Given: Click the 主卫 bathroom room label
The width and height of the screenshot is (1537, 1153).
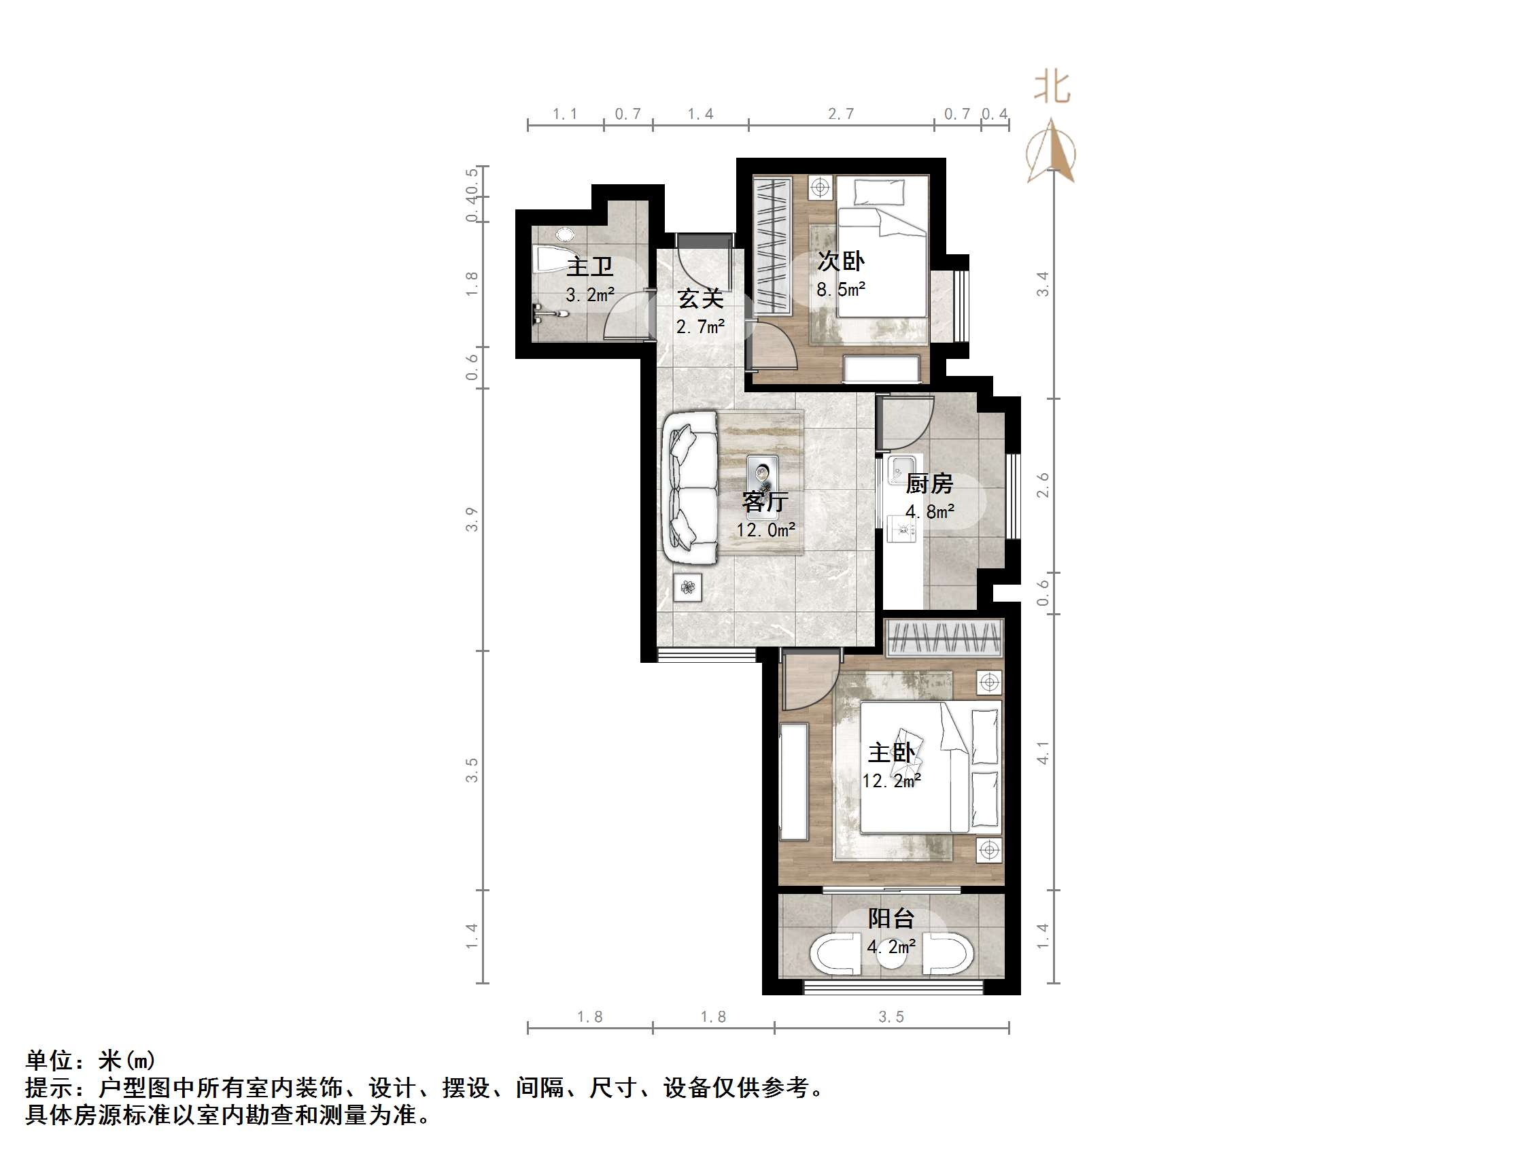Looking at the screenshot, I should pyautogui.click(x=589, y=266).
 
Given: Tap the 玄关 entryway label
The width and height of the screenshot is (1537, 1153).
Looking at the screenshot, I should pyautogui.click(x=700, y=299).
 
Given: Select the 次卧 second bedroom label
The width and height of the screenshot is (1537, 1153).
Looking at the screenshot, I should pyautogui.click(x=841, y=261).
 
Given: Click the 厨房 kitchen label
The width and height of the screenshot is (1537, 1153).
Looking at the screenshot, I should pyautogui.click(x=929, y=483).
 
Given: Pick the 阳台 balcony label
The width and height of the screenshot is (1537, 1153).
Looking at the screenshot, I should pyautogui.click(x=891, y=918).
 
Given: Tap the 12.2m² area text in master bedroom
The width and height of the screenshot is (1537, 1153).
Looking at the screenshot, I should pyautogui.click(x=891, y=781).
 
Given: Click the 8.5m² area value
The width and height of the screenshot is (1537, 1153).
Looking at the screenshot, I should pyautogui.click(x=841, y=289).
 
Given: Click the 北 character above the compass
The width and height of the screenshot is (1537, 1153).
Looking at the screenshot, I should pyautogui.click(x=1052, y=88).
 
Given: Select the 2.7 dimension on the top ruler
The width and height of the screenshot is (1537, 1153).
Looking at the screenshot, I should pyautogui.click(x=841, y=114).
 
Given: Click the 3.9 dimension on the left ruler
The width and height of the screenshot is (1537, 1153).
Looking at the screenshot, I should pyautogui.click(x=472, y=520).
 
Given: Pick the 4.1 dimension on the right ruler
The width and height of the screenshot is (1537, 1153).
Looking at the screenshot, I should pyautogui.click(x=1043, y=753).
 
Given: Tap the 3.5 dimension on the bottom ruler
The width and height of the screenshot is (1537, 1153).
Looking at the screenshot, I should pyautogui.click(x=891, y=1017).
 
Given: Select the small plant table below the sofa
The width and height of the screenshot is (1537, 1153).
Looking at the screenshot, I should pyautogui.click(x=688, y=588).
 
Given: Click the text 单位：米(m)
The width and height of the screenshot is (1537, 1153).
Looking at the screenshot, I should pyautogui.click(x=90, y=1061).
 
